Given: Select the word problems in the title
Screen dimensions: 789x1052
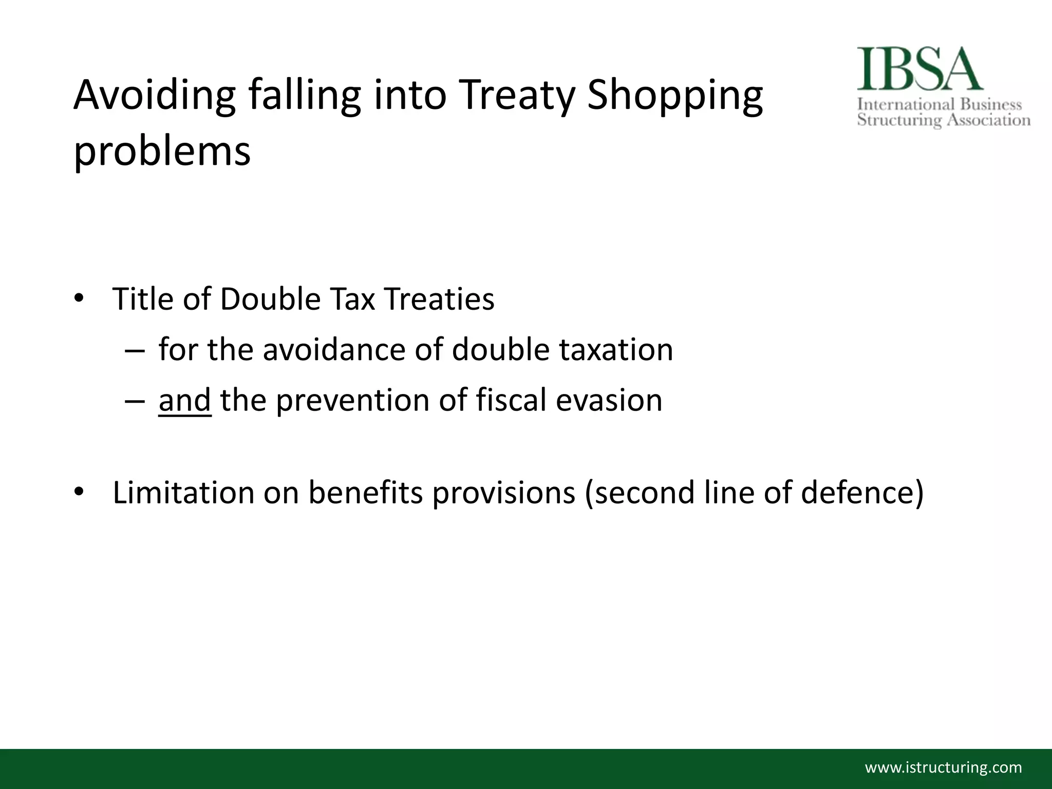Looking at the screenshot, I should (162, 152).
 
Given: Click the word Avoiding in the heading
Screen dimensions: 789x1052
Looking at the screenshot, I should (155, 96).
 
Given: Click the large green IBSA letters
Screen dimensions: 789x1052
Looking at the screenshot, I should (919, 69).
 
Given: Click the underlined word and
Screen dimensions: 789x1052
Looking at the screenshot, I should (185, 400).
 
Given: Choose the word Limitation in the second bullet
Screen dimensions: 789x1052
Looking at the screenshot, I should (183, 492).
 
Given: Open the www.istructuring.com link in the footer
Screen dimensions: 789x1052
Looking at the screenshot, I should (944, 768).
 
